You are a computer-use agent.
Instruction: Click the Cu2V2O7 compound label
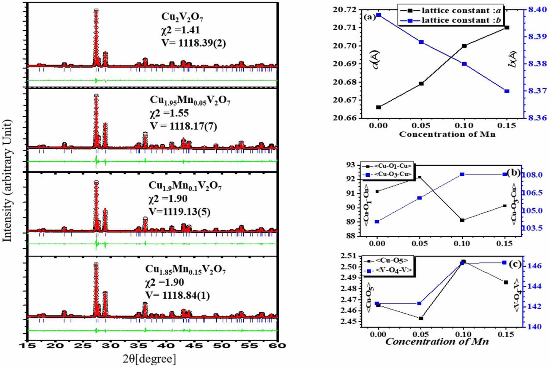point(182,17)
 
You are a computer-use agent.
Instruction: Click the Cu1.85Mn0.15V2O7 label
point(185,270)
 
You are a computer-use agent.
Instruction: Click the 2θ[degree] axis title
point(149,359)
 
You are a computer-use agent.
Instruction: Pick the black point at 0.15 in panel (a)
point(507,28)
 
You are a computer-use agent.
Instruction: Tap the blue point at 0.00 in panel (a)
point(379,15)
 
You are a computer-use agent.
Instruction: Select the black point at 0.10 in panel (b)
point(462,220)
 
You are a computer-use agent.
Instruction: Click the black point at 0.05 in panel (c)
point(421,318)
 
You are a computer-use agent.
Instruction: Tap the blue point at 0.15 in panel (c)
point(504,263)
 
